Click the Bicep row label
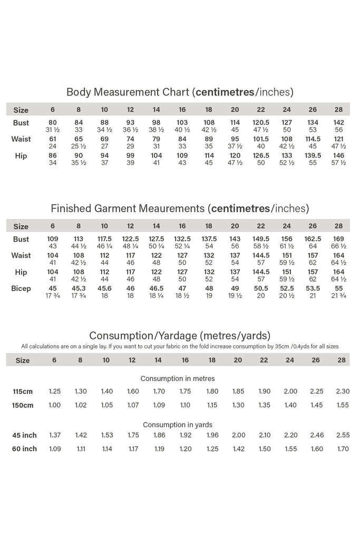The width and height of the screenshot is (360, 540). [x=21, y=288]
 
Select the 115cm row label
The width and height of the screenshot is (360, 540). [x=23, y=392]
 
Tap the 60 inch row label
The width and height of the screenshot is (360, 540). [x=24, y=449]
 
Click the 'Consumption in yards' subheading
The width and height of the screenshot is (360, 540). [x=178, y=425]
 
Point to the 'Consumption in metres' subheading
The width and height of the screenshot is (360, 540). [x=178, y=379]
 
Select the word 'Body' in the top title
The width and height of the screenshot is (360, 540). [x=79, y=92]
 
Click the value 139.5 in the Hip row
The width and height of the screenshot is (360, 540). [x=313, y=156]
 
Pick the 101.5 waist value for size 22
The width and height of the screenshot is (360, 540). [x=260, y=139]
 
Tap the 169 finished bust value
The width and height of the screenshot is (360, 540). [x=338, y=239]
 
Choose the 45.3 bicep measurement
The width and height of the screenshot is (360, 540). [x=79, y=288]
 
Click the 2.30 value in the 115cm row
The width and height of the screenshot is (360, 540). [x=342, y=392]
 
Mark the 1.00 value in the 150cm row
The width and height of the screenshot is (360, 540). [x=54, y=405]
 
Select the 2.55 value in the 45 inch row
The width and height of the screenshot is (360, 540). [x=342, y=435]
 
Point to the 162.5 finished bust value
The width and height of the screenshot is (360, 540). [x=313, y=239]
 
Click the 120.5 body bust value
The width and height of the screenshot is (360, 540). [x=260, y=122]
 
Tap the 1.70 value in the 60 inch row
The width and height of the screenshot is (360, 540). [x=342, y=449]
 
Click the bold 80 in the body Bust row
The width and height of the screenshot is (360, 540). [x=52, y=122]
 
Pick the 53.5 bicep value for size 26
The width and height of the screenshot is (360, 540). [x=313, y=288]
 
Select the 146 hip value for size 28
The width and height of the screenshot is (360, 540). [x=338, y=156]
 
